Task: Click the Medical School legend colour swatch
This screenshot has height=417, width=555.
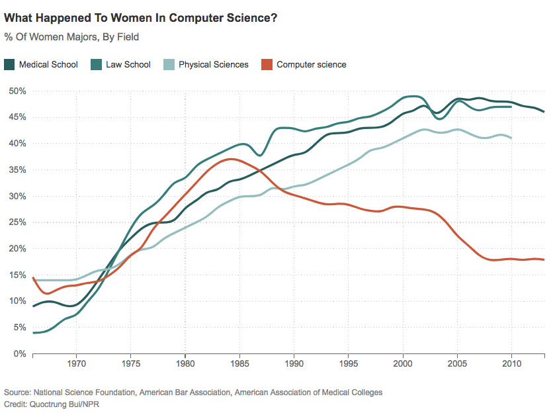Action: pyautogui.click(x=9, y=64)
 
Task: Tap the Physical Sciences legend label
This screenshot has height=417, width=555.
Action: pyautogui.click(x=213, y=64)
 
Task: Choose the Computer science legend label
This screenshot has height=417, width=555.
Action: pyautogui.click(x=311, y=64)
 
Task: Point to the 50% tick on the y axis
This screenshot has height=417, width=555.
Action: pyautogui.click(x=17, y=91)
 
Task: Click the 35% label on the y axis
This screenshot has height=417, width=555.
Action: pyautogui.click(x=17, y=169)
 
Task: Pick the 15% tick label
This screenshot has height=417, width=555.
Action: pyautogui.click(x=17, y=275)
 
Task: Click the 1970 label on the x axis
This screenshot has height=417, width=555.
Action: pyautogui.click(x=76, y=364)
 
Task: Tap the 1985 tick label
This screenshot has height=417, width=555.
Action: pyautogui.click(x=239, y=364)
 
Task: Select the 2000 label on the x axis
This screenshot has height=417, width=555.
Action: pyautogui.click(x=403, y=364)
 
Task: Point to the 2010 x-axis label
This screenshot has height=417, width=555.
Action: pyautogui.click(x=512, y=364)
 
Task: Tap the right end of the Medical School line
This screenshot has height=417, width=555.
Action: pyautogui.click(x=544, y=112)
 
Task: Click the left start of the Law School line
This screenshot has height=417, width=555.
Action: pyautogui.click(x=33, y=332)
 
